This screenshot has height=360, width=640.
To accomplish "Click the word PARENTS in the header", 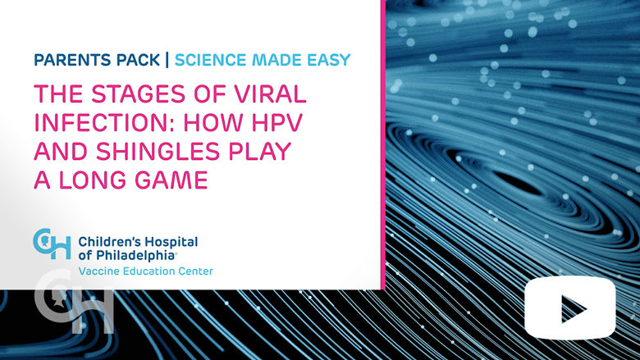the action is [72, 60].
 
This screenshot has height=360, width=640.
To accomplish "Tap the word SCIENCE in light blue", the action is [211, 60].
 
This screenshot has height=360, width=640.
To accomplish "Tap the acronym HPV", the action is [277, 122].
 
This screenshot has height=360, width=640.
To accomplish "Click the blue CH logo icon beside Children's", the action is [52, 244].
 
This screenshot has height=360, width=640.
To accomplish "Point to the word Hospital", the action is [171, 243].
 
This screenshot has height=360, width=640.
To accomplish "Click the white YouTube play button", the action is [570, 308].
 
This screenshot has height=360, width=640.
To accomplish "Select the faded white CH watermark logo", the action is [74, 303].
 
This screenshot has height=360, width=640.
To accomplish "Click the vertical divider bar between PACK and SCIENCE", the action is [167, 60].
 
